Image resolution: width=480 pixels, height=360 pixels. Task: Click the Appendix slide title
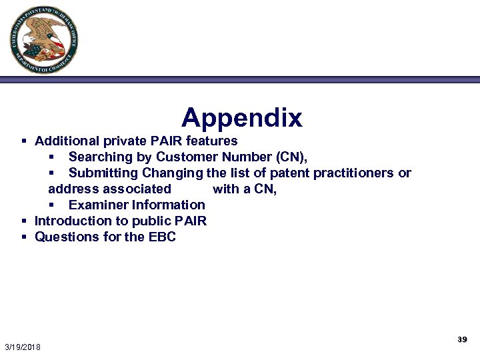coord(242,118)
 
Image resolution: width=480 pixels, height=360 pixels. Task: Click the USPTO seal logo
coord(44,40)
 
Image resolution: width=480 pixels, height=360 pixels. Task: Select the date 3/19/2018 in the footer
coord(23,347)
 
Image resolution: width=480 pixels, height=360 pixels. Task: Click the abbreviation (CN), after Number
coord(291,157)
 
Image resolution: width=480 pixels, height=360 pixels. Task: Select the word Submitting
coord(102,173)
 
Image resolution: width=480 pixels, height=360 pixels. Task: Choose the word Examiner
coord(98,205)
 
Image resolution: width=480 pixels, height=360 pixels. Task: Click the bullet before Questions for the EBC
coord(24,237)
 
